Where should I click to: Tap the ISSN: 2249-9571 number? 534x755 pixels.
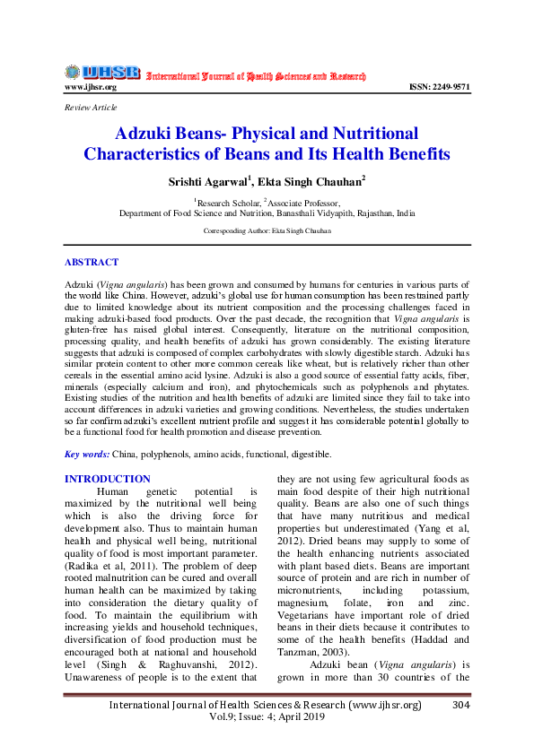pos(439,87)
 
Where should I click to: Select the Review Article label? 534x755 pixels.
pos(91,108)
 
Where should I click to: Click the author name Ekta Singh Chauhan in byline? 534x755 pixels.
pos(302,182)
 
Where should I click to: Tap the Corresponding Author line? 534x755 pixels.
pos(267,231)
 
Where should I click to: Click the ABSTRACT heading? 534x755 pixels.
pos(91,262)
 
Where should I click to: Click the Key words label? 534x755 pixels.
pos(87,455)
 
